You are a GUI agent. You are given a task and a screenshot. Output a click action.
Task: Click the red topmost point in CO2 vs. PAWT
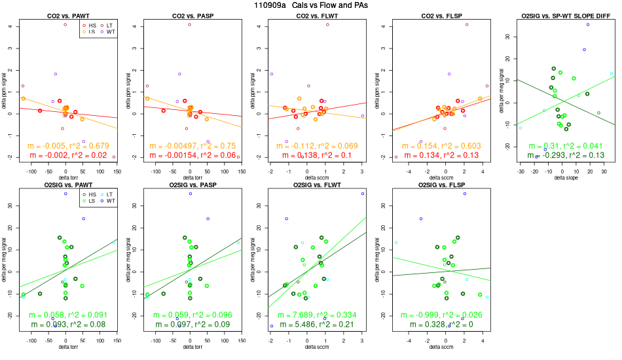point(65,24)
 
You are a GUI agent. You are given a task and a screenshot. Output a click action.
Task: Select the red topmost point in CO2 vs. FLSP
point(467,24)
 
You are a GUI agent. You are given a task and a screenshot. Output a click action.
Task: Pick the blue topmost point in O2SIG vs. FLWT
point(362,194)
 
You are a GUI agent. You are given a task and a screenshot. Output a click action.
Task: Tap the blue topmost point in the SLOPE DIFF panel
point(588,24)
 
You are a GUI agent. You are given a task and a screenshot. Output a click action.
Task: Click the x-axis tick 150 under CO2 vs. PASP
point(241,170)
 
